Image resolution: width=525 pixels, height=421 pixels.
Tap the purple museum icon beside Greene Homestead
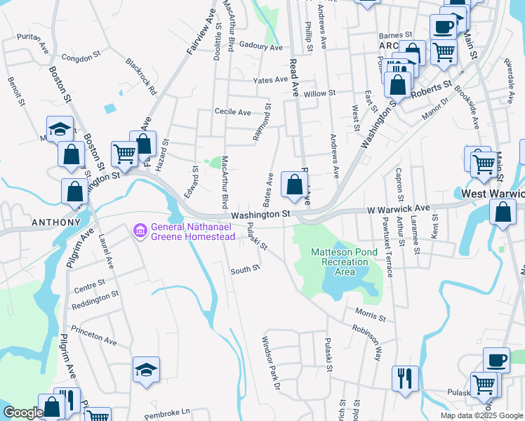(x=139, y=230)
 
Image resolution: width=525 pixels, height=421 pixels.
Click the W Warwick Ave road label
(x=398, y=209)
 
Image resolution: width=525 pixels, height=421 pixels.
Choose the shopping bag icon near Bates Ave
(x=295, y=185)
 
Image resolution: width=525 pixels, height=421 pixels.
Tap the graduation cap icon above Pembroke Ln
(x=146, y=370)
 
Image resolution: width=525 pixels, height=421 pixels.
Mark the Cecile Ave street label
(x=232, y=112)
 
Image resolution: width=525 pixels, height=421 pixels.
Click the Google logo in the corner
(x=23, y=413)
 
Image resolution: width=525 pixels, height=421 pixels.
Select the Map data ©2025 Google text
(x=481, y=415)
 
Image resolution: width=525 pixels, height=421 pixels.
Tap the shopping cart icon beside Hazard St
(x=124, y=153)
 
